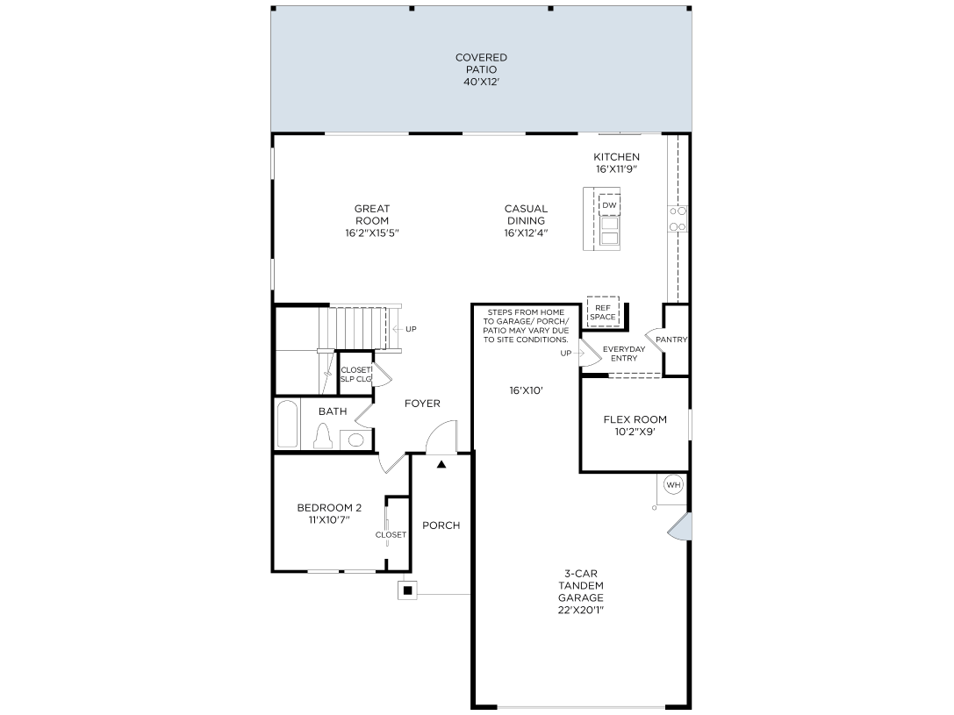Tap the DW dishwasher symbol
point(609,205)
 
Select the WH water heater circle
point(673,484)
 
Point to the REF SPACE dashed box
point(603,311)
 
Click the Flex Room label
point(635,419)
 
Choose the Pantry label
point(671,340)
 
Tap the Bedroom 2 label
point(329,507)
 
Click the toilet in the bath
point(322,436)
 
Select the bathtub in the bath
point(287,425)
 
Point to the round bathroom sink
point(355,440)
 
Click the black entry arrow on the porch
point(441,464)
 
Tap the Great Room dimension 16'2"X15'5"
point(372,233)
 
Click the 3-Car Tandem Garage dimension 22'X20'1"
point(580,610)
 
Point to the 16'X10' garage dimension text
point(526,390)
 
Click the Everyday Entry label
point(624,354)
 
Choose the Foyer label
point(422,404)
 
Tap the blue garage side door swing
point(679,526)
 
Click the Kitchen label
point(616,157)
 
